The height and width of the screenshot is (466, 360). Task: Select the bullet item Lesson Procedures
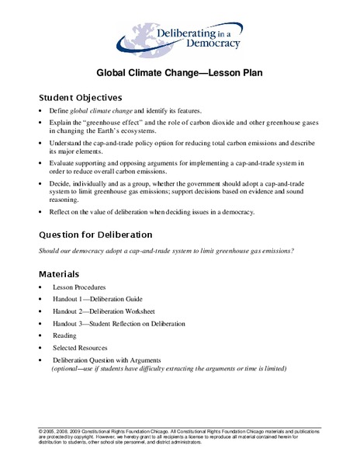point(84,287)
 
